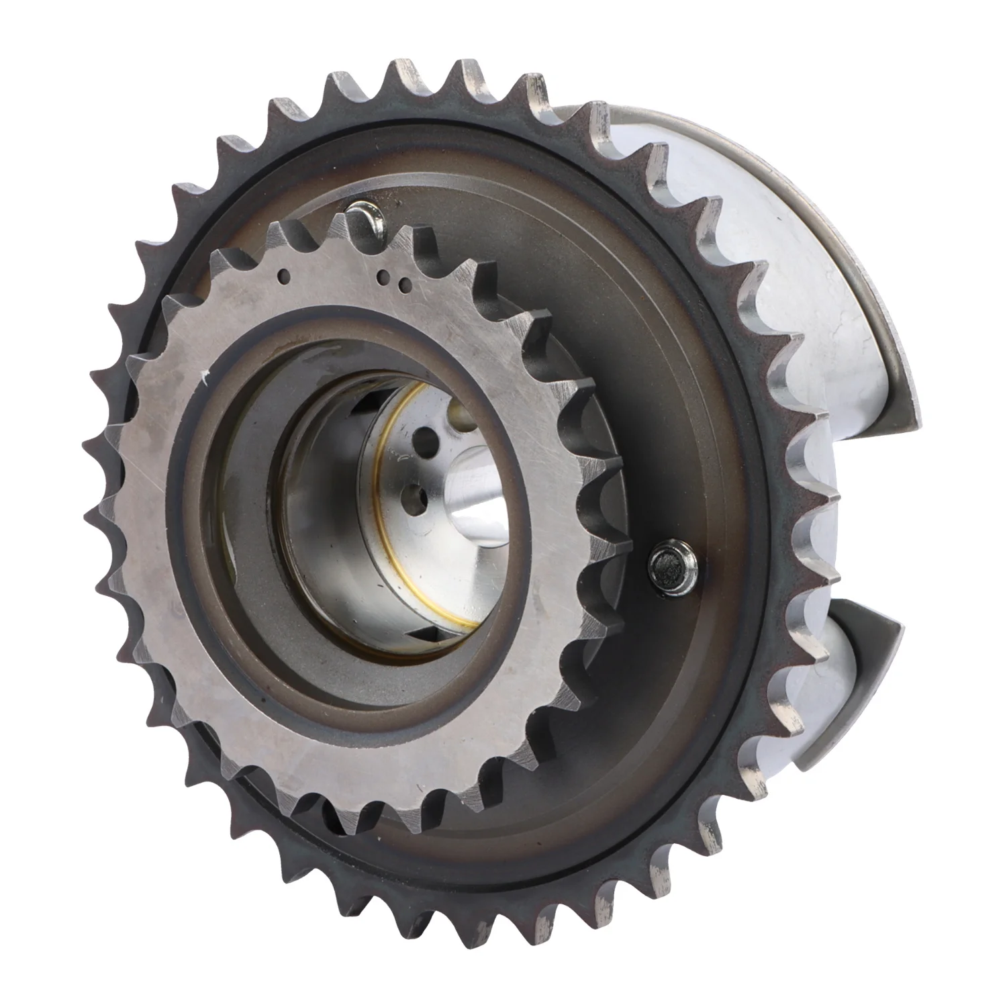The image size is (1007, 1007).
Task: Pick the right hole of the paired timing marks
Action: click(403, 285)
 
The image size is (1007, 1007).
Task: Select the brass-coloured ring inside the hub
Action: click(383, 470)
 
